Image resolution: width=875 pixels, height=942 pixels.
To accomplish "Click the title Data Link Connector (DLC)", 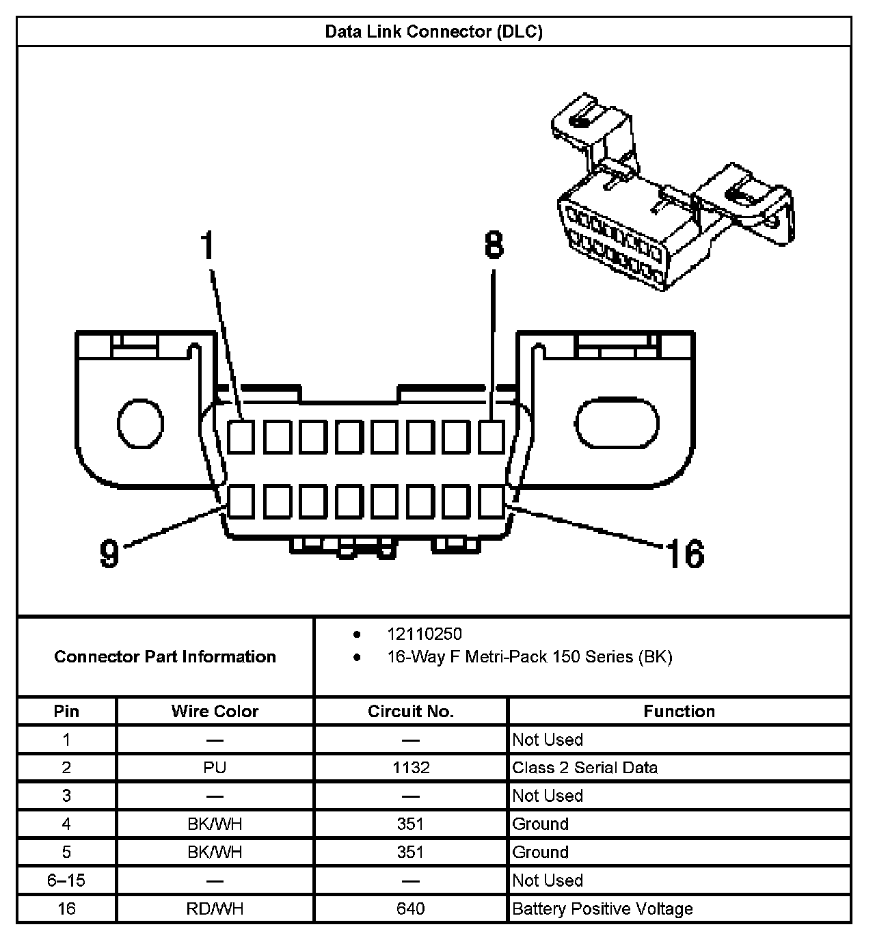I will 433,32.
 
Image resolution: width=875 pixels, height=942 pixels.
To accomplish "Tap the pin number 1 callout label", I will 208,246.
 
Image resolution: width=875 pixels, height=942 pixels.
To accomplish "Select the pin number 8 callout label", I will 494,245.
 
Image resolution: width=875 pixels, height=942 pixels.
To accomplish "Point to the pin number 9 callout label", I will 109,552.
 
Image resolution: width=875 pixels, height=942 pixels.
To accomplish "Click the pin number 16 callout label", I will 685,554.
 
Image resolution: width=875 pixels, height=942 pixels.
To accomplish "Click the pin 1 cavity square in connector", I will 241,436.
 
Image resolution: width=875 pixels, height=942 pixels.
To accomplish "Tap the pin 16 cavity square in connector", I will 491,502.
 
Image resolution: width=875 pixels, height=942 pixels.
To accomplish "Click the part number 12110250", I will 424,634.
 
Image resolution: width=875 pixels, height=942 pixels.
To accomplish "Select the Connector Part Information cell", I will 165,657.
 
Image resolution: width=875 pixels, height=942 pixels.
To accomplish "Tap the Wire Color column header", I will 215,712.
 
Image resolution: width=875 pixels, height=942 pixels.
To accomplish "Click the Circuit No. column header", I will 410,712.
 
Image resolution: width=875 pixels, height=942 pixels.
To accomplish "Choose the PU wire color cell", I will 215,768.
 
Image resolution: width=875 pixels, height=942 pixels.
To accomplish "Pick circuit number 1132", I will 411,768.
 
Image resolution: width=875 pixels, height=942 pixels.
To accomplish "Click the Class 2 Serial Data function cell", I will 585,768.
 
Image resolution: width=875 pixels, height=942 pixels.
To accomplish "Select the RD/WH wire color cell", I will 215,909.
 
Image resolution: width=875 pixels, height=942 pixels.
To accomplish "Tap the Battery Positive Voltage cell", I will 602,909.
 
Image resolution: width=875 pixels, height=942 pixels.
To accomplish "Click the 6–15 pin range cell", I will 66,880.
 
